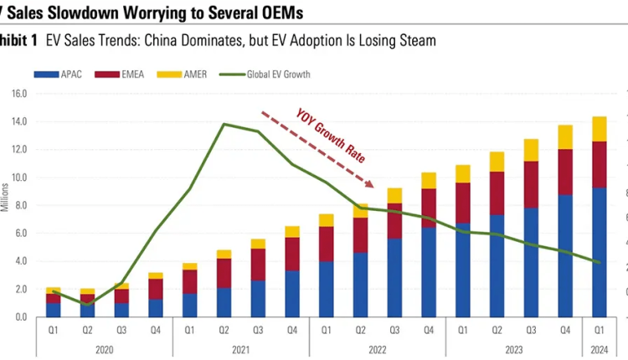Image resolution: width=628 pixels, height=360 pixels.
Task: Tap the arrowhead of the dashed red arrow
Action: click(373, 184)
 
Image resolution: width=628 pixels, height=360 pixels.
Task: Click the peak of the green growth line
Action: click(224, 125)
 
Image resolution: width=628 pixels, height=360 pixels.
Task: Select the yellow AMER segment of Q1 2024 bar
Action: click(599, 129)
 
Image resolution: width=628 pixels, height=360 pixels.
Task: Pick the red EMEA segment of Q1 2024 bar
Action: click(599, 164)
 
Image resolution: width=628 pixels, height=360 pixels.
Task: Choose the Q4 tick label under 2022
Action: click(429, 330)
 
